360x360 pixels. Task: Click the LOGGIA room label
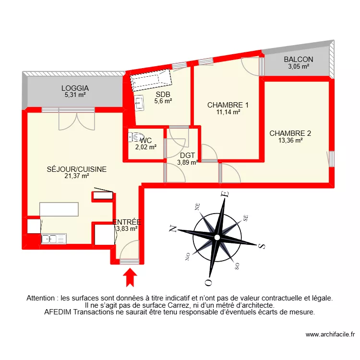point(75,88)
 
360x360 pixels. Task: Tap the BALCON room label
point(298,60)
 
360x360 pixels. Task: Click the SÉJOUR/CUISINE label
point(76,169)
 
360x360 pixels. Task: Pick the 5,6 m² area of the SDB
point(163,101)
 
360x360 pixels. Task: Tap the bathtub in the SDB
point(151,82)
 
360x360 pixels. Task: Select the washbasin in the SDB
point(139,102)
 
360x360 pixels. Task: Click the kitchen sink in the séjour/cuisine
point(54,238)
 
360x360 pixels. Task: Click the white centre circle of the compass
point(217,238)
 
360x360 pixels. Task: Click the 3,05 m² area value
point(298,67)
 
